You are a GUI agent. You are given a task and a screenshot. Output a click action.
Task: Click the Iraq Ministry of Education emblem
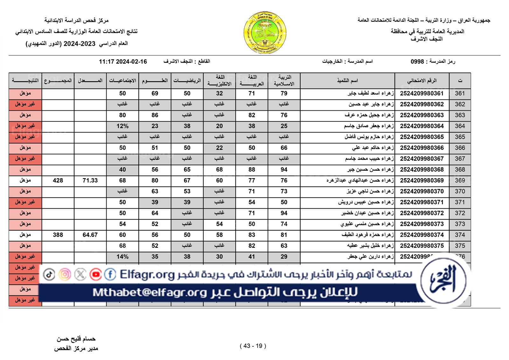pos(265,33)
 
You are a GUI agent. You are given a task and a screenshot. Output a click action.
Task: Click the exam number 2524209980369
pos(422,181)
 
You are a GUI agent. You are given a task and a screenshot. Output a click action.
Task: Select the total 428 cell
pos(58,181)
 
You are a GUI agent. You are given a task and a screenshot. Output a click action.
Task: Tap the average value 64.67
pos(90,235)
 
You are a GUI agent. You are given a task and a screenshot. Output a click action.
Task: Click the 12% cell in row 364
pos(122,126)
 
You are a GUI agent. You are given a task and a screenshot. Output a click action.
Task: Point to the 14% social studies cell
pos(122,257)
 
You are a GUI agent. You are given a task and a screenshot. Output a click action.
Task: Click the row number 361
pos(460,93)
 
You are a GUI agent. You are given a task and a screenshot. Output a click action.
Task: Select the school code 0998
pos(417,62)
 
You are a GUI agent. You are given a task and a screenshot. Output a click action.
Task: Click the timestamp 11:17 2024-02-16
pos(123,62)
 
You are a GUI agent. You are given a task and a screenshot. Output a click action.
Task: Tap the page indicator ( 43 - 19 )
pos(253,346)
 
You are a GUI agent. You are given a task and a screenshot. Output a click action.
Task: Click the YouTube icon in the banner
pos(95,274)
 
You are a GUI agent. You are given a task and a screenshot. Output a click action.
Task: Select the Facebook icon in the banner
pos(110,274)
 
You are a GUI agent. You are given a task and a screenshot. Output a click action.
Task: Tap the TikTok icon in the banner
pos(49,274)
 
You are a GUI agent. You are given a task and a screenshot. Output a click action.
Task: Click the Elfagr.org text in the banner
pos(147,274)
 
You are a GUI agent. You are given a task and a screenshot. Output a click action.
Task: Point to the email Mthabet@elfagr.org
pos(150,292)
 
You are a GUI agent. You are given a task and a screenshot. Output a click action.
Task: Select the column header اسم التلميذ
pos(347,81)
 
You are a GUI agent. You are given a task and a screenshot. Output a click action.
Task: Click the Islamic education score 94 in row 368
pos(284,170)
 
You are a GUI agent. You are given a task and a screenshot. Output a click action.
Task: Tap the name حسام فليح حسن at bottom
pos(76,339)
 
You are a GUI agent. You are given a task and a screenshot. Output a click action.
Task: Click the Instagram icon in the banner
pos(65,274)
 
